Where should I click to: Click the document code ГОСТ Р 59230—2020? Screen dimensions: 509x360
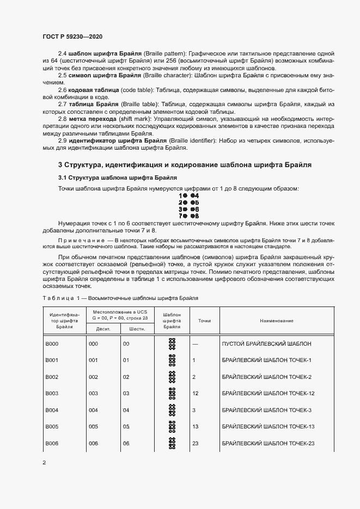coord(72,36)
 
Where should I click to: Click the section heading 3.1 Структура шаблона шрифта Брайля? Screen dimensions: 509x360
coord(117,177)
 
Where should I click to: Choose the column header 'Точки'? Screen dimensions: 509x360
coord(204,321)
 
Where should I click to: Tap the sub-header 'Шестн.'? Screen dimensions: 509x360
coord(136,329)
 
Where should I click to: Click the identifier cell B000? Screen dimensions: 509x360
coord(52,344)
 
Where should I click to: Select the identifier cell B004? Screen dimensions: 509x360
coord(52,410)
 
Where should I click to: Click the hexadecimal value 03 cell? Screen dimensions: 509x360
coord(126,394)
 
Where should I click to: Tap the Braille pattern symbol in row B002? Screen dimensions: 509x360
coord(172,377)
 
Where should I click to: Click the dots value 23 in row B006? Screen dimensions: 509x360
coord(196,443)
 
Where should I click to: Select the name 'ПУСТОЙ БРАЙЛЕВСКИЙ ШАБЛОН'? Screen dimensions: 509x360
coord(267,344)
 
